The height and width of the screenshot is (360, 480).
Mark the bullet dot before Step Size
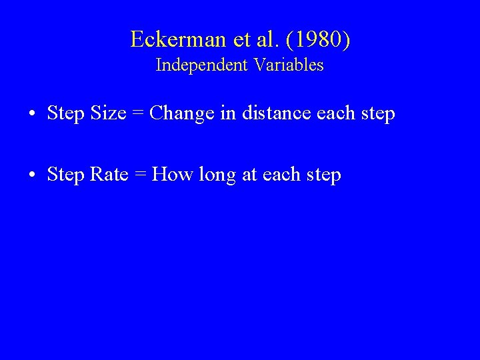pos(32,114)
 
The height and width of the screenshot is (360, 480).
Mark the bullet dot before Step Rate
pos(32,175)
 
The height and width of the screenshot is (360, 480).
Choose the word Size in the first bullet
pos(108,113)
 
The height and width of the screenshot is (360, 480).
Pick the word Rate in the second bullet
pos(109,175)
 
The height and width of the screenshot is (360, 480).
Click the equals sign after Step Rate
pos(140,175)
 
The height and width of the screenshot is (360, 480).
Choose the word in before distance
pos(228,113)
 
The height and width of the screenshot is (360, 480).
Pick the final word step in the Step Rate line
pos(323,175)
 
